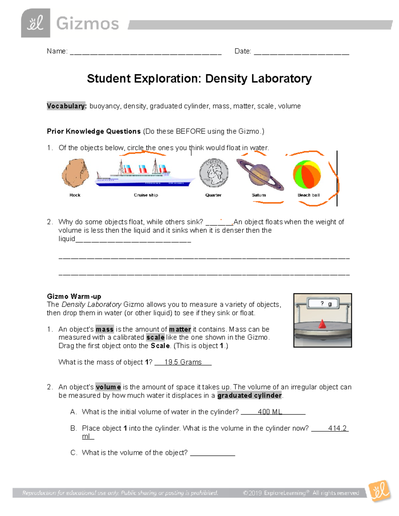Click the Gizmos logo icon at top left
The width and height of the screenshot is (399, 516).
coord(36,23)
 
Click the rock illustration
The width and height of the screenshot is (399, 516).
coord(75,173)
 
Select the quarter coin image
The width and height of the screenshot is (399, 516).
coord(214,173)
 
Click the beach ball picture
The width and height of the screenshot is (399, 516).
coord(307,174)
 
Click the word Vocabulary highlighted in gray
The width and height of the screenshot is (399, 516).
coord(66,106)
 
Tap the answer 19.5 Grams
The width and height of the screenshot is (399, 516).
coord(183,362)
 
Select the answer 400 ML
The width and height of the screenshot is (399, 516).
coord(270,412)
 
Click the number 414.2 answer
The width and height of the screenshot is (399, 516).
coord(337,428)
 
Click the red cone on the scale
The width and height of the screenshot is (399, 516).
coord(322,324)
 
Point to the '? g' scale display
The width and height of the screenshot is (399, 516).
coord(326,303)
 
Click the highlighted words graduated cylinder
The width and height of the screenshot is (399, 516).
coord(249,395)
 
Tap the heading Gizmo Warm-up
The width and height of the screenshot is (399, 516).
coord(74,296)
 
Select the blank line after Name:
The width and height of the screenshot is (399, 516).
coord(145,52)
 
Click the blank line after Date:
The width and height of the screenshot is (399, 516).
coord(301,52)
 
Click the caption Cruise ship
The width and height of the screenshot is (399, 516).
coord(146,195)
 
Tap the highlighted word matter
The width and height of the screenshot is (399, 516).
coord(180,329)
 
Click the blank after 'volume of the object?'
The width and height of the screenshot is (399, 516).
coord(212,453)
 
